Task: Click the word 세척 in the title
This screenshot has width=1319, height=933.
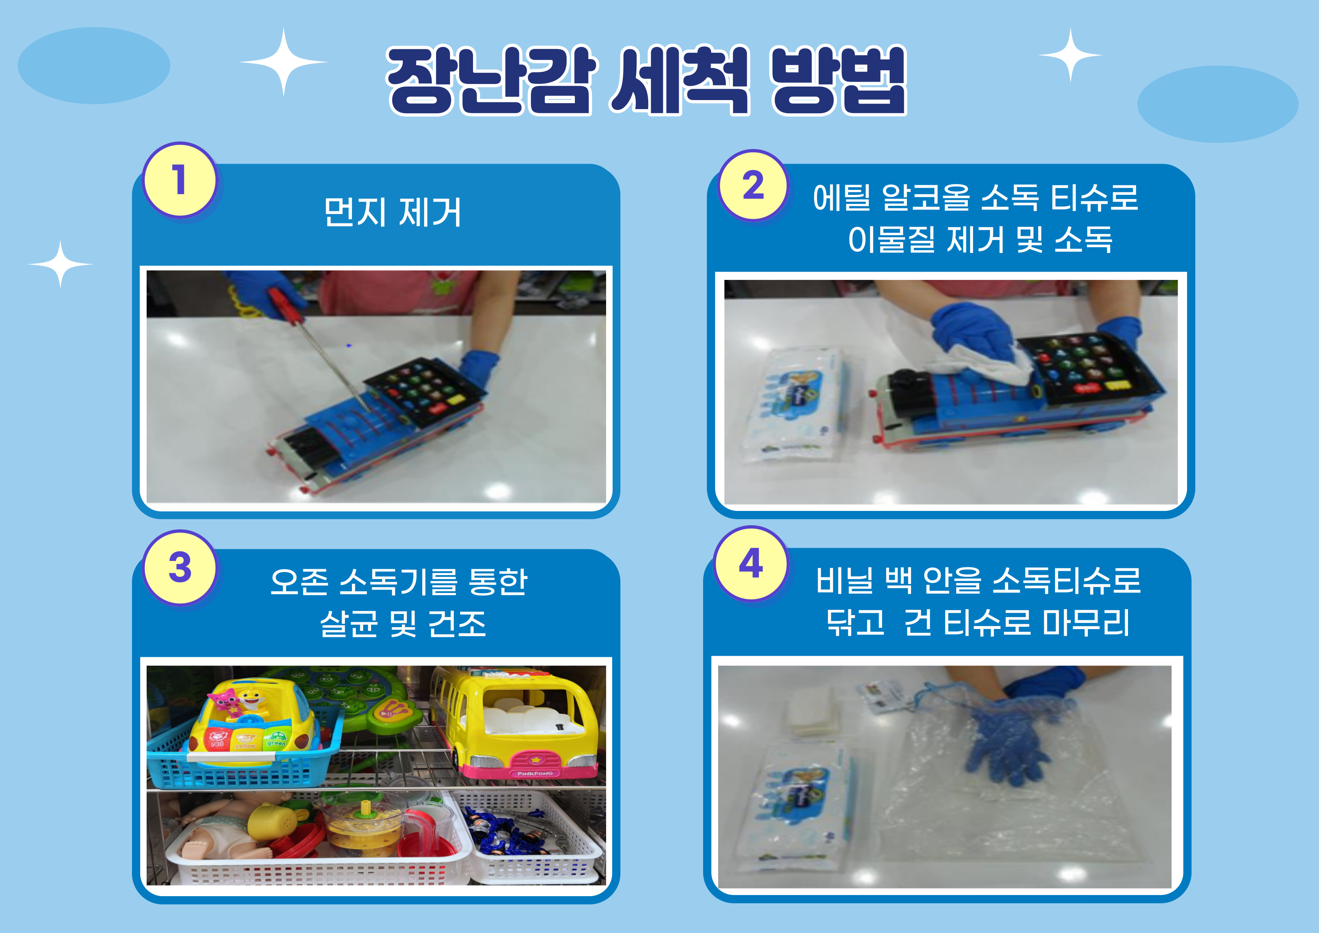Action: [680, 81]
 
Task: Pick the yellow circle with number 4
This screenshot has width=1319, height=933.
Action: [751, 563]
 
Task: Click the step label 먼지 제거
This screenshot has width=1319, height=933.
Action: [393, 212]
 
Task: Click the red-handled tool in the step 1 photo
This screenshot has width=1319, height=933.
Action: [322, 351]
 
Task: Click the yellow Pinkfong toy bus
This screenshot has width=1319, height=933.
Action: [514, 723]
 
